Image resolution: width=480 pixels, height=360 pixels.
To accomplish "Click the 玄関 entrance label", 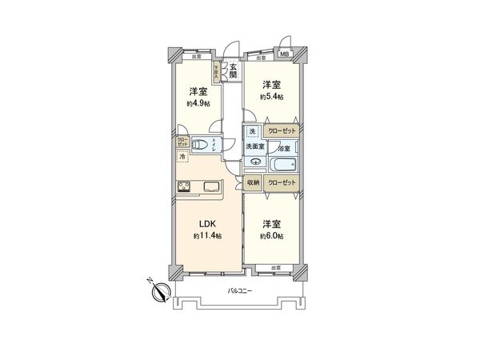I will click(x=233, y=70).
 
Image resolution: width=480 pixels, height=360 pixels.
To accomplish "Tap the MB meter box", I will click(x=284, y=54).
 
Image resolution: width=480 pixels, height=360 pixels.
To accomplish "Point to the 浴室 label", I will click(x=284, y=148).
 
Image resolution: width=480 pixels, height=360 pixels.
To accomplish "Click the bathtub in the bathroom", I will click(x=283, y=166).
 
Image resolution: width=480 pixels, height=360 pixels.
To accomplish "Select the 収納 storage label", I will click(x=253, y=183).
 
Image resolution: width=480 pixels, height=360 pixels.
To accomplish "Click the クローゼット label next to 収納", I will click(x=282, y=183).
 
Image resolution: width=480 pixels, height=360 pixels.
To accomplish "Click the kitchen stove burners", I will click(x=183, y=188).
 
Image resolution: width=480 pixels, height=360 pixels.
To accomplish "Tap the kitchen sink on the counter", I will click(x=212, y=188).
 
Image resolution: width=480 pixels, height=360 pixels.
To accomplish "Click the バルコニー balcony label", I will click(x=239, y=290).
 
